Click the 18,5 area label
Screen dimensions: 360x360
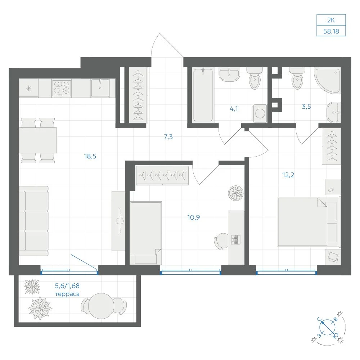[x=90, y=156]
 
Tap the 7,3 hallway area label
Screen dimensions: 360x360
[x=168, y=137]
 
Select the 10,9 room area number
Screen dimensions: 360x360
[x=194, y=217]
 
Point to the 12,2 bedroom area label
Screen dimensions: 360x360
[x=288, y=175]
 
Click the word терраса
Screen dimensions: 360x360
[x=67, y=294]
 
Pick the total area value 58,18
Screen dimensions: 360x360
[x=331, y=31]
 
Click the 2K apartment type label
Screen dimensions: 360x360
[x=331, y=20]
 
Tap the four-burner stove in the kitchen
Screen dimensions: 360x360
[x=62, y=88]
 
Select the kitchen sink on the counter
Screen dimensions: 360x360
[x=100, y=88]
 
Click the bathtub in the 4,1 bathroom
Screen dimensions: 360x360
[x=203, y=95]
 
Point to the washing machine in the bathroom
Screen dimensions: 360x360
[x=260, y=113]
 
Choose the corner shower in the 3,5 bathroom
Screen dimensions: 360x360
[x=328, y=81]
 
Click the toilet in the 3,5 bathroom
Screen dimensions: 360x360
[x=297, y=78]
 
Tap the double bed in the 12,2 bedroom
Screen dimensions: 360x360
[x=309, y=222]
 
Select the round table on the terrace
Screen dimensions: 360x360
[x=101, y=306]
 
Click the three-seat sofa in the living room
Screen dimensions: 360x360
[x=34, y=221]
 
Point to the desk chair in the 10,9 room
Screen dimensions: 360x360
[x=221, y=242]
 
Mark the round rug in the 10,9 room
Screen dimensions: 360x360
[x=235, y=193]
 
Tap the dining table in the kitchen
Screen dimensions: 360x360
[x=38, y=140]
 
